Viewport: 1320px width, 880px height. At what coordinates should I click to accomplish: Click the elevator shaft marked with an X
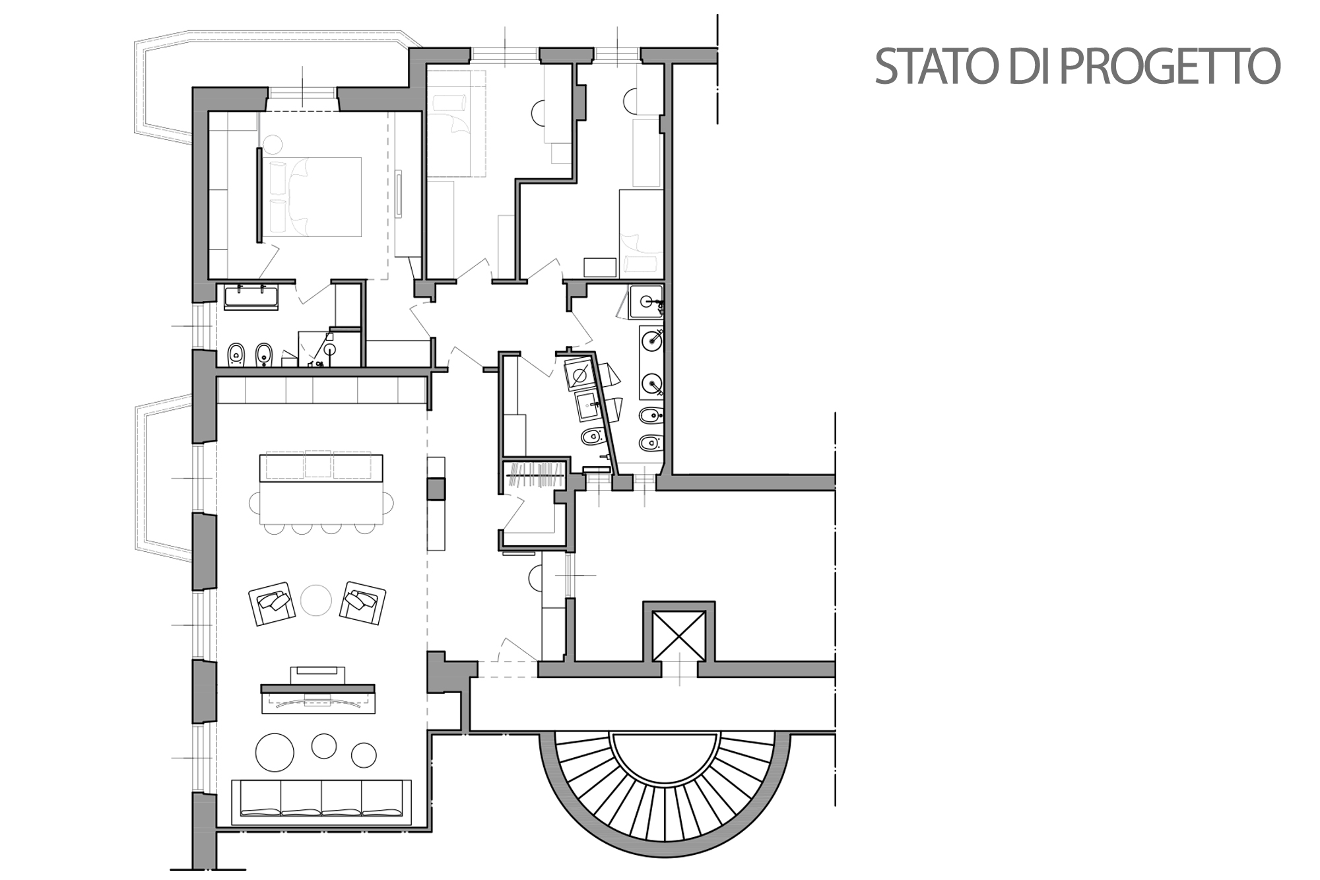pos(678,635)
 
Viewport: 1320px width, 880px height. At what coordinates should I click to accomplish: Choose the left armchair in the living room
pos(271,604)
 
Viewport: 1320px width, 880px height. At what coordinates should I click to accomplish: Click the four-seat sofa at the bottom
pos(321,802)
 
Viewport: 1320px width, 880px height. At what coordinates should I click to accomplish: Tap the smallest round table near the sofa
pos(364,754)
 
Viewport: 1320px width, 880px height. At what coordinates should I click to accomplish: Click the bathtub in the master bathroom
pos(251,297)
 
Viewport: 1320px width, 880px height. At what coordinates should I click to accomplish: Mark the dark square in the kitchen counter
pos(436,489)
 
